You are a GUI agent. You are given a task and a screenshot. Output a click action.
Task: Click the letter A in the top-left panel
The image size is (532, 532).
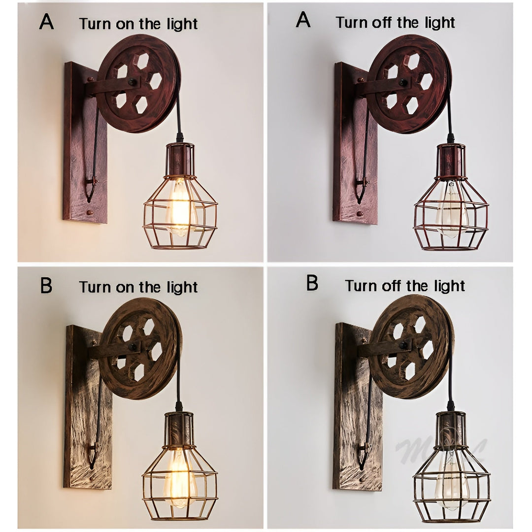click(47, 22)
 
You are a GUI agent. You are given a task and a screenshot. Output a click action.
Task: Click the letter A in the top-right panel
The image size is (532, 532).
click(303, 20)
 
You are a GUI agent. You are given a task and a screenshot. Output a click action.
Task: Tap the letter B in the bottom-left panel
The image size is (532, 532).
click(46, 285)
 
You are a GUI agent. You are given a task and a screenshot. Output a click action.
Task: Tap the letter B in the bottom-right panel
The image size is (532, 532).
click(312, 283)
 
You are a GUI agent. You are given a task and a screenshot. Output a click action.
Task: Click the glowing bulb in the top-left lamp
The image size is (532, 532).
click(180, 209)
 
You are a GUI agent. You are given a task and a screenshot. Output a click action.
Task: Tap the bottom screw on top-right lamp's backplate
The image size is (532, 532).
click(359, 214)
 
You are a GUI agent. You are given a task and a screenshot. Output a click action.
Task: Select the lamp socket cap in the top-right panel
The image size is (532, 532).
click(450, 160)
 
